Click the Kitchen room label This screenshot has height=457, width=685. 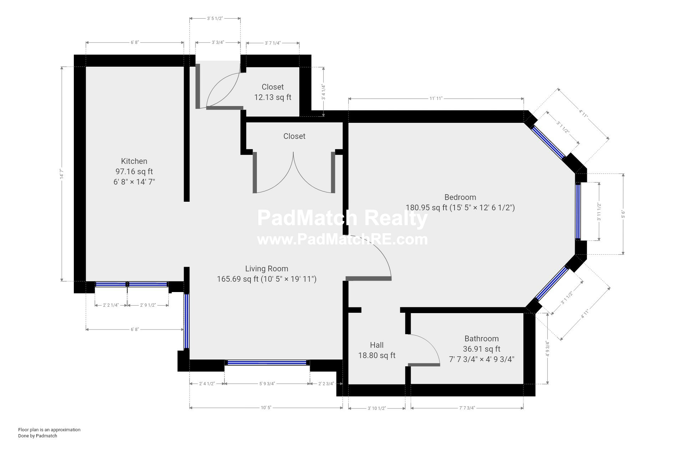[x=134, y=161]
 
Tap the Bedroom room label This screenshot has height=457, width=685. [x=460, y=197]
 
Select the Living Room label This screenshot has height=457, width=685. [x=267, y=268]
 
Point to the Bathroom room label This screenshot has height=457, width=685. [x=482, y=338]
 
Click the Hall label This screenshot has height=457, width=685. [x=377, y=345]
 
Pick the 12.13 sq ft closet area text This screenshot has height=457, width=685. [x=273, y=97]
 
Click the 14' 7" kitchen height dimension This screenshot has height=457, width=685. [x=62, y=174]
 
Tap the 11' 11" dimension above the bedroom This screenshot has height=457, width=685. [x=436, y=98]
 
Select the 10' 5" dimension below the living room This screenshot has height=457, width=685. [x=266, y=408]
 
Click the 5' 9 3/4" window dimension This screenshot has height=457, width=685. [x=267, y=384]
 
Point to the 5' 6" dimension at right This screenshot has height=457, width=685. [x=623, y=214]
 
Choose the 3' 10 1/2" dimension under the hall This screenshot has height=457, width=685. [x=377, y=408]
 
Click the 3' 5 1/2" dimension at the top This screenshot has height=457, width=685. [x=215, y=18]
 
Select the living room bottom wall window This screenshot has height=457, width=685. [x=267, y=363]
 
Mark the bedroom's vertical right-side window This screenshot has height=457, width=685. [x=578, y=211]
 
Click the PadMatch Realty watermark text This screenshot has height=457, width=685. [x=342, y=218]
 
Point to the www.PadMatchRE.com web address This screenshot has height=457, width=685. [x=342, y=239]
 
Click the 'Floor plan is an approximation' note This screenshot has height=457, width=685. [x=49, y=430]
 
